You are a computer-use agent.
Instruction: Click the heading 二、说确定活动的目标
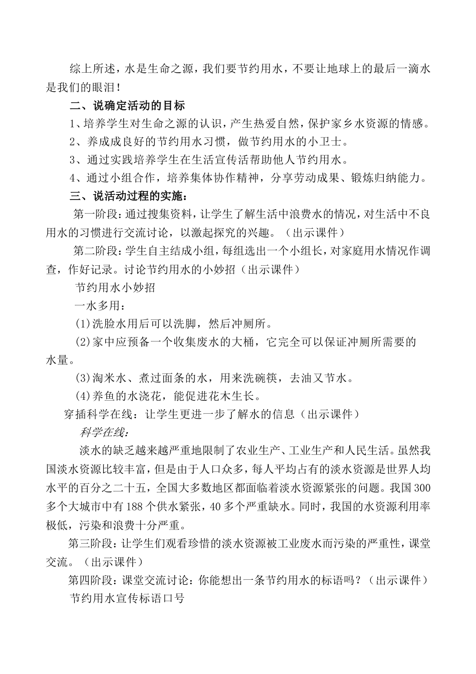click(x=127, y=105)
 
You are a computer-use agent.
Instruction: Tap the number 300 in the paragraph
click(x=421, y=488)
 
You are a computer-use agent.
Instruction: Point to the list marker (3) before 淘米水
click(x=83, y=378)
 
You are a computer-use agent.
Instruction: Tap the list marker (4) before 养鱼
click(x=83, y=396)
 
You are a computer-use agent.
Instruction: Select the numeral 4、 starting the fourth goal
click(x=76, y=178)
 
